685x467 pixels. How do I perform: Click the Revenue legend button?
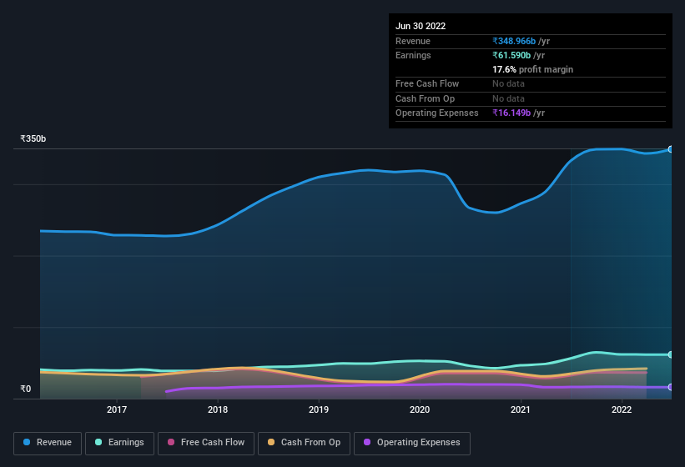[48, 443]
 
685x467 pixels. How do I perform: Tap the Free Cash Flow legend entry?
[206, 443]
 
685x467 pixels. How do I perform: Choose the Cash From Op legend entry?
[303, 443]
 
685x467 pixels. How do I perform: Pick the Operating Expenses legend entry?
[411, 443]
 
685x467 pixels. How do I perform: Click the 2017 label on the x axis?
[117, 409]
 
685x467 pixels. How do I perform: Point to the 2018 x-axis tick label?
[218, 409]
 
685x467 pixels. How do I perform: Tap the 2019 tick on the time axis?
[319, 409]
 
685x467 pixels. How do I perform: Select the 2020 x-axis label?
[420, 409]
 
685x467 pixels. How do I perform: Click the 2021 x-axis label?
[521, 409]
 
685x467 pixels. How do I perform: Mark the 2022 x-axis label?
[622, 409]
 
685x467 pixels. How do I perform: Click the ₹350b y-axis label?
[33, 138]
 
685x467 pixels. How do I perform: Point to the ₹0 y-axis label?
[25, 389]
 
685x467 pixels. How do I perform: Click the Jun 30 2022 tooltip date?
[421, 26]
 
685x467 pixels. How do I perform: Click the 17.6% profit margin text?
[532, 69]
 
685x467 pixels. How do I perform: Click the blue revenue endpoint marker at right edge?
[671, 149]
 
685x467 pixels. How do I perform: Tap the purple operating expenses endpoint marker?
[671, 387]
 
